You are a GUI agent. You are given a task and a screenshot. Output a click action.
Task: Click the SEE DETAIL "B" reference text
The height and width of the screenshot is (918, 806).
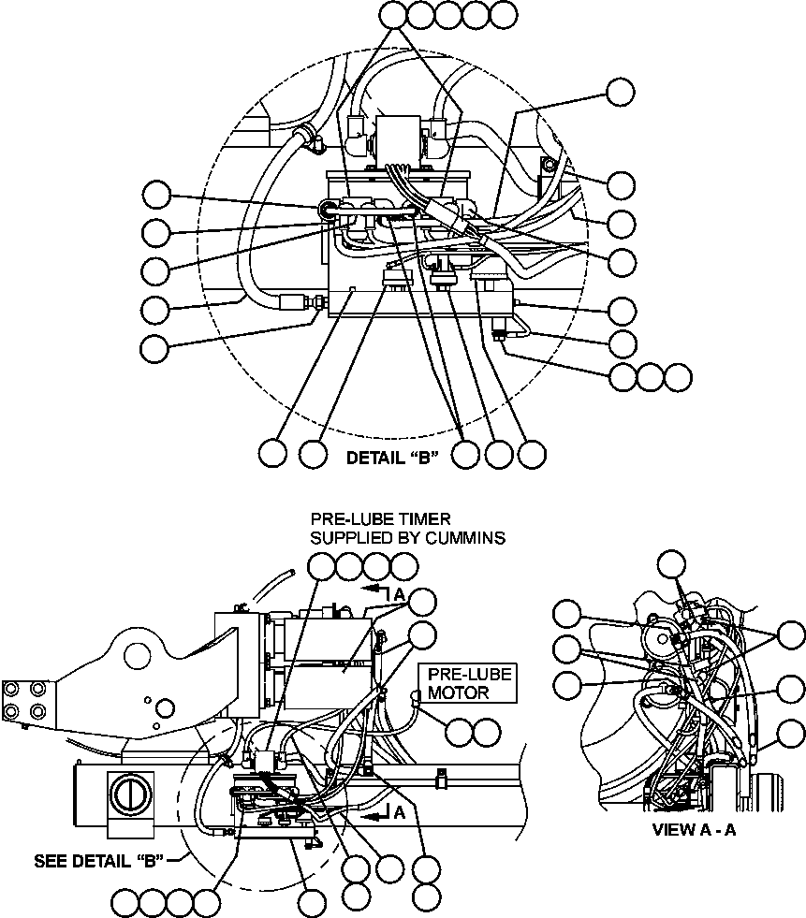[x=99, y=861]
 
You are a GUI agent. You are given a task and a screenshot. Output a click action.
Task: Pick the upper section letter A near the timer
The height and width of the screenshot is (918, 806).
[x=401, y=593]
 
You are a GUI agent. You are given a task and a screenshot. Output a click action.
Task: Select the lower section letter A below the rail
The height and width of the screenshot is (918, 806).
[x=400, y=813]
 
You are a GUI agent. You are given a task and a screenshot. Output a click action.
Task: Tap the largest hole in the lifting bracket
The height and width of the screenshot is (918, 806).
[x=163, y=706]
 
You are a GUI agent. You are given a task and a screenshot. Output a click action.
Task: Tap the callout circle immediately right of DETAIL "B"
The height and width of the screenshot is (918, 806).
[x=468, y=454]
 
